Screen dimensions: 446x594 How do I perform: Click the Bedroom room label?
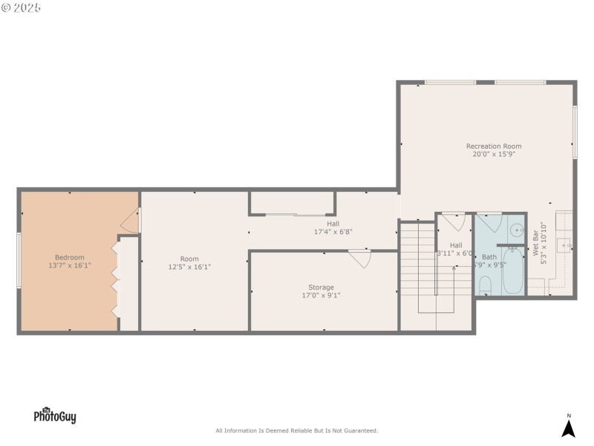point(70,256)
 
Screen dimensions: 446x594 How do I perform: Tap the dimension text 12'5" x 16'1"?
point(190,267)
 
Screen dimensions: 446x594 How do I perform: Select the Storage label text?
point(321,287)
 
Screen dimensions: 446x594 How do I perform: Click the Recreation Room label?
point(494,146)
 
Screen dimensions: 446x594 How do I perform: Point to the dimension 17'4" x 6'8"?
point(333,231)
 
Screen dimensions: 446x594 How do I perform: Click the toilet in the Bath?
point(485,285)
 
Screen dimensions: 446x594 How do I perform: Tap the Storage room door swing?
point(361,258)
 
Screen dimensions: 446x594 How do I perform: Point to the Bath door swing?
point(488,223)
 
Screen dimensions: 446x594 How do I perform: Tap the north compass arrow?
point(568,428)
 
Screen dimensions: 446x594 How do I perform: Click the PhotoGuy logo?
point(54,416)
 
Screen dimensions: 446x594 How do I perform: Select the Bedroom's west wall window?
point(19,259)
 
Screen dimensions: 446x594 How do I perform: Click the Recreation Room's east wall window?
point(575,131)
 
